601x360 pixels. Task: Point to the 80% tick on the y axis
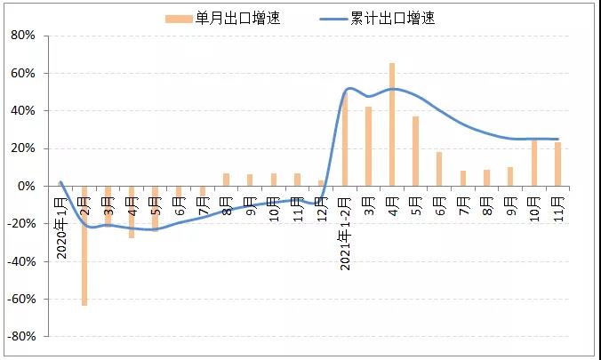pos(22,36)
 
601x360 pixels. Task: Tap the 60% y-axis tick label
pos(22,73)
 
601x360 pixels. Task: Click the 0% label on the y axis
pos(26,187)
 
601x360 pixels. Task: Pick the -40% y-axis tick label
pos(20,262)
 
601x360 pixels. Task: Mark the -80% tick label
pos(20,338)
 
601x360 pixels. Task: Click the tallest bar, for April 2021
pos(392,124)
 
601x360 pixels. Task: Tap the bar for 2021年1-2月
pos(345,139)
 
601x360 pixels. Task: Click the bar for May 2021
pos(415,151)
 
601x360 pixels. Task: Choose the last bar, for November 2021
pos(557,164)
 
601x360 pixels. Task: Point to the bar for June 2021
pos(439,169)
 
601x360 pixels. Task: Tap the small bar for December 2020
pos(321,183)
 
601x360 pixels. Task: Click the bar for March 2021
pos(368,147)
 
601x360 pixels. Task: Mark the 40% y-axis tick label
pos(22,111)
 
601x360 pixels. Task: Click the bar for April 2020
pos(132,212)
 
